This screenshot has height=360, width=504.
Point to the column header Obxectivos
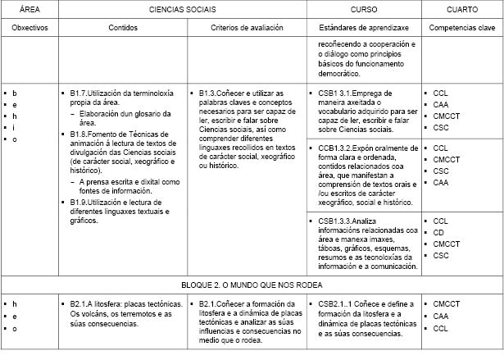[30, 27]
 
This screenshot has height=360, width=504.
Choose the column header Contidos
[123, 27]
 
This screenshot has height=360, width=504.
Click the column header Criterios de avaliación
[247, 27]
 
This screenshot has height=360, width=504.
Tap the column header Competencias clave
[462, 27]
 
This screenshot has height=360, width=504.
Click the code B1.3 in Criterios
[209, 93]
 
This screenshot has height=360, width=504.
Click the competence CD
[438, 233]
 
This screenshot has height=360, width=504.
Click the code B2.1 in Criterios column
[209, 304]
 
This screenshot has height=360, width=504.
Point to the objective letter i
[15, 128]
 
